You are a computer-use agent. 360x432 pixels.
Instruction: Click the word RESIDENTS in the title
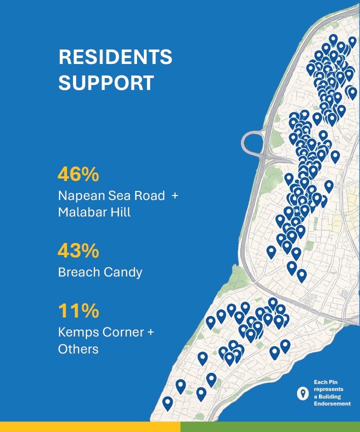click(x=115, y=57)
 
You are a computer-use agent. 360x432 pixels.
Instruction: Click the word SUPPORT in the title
click(x=106, y=83)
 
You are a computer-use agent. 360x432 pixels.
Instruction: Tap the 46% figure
click(x=78, y=174)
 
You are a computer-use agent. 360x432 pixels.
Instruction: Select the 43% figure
click(x=78, y=250)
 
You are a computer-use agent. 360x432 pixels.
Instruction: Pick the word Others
click(x=78, y=349)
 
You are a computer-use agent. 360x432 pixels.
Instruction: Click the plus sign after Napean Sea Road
click(x=174, y=196)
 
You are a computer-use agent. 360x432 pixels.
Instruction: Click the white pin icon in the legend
click(x=303, y=393)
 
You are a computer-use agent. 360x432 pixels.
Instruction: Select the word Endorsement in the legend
click(x=332, y=403)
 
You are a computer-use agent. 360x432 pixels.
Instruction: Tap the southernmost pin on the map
click(x=167, y=404)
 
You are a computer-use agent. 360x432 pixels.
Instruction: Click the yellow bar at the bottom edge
click(x=90, y=427)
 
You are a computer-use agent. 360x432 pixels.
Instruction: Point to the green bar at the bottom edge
click(x=270, y=427)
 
